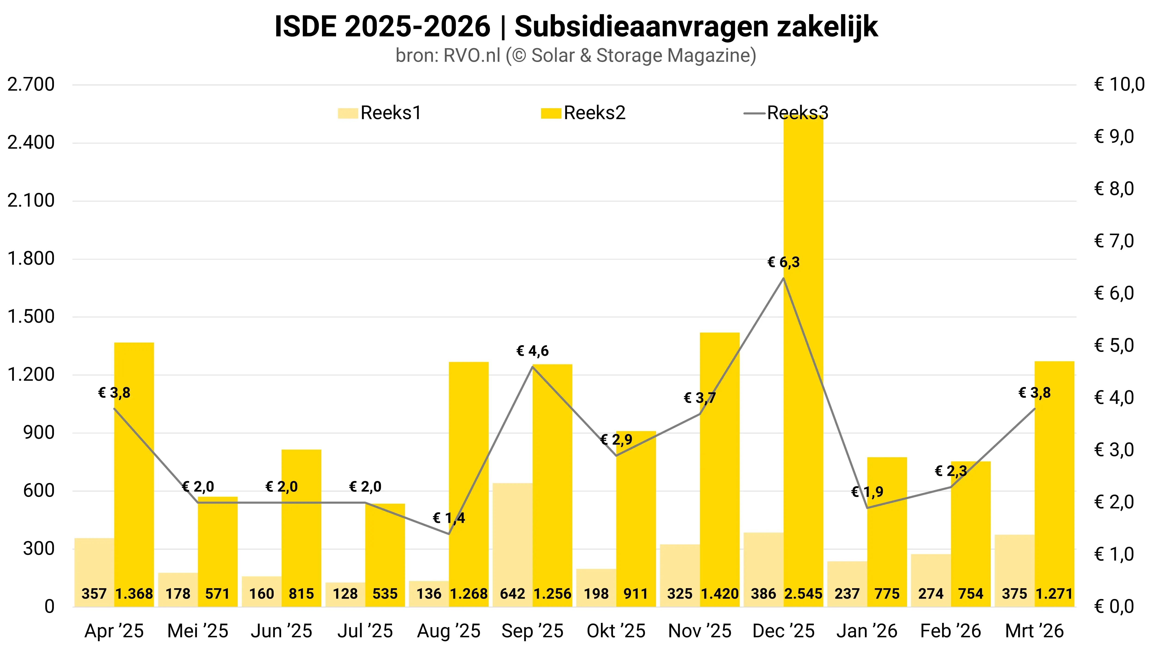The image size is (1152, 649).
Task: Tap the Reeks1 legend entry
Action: tap(380, 113)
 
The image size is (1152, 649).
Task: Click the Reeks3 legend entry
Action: tap(787, 113)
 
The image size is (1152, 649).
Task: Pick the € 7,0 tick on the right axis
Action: tap(1114, 241)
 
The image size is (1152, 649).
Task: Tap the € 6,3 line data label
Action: tap(784, 262)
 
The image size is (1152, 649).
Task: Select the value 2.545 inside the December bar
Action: tap(803, 594)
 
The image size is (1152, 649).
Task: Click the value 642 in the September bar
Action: tap(512, 594)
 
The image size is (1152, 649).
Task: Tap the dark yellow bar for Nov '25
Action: tap(720, 470)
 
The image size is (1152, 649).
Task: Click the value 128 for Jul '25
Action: tap(345, 594)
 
